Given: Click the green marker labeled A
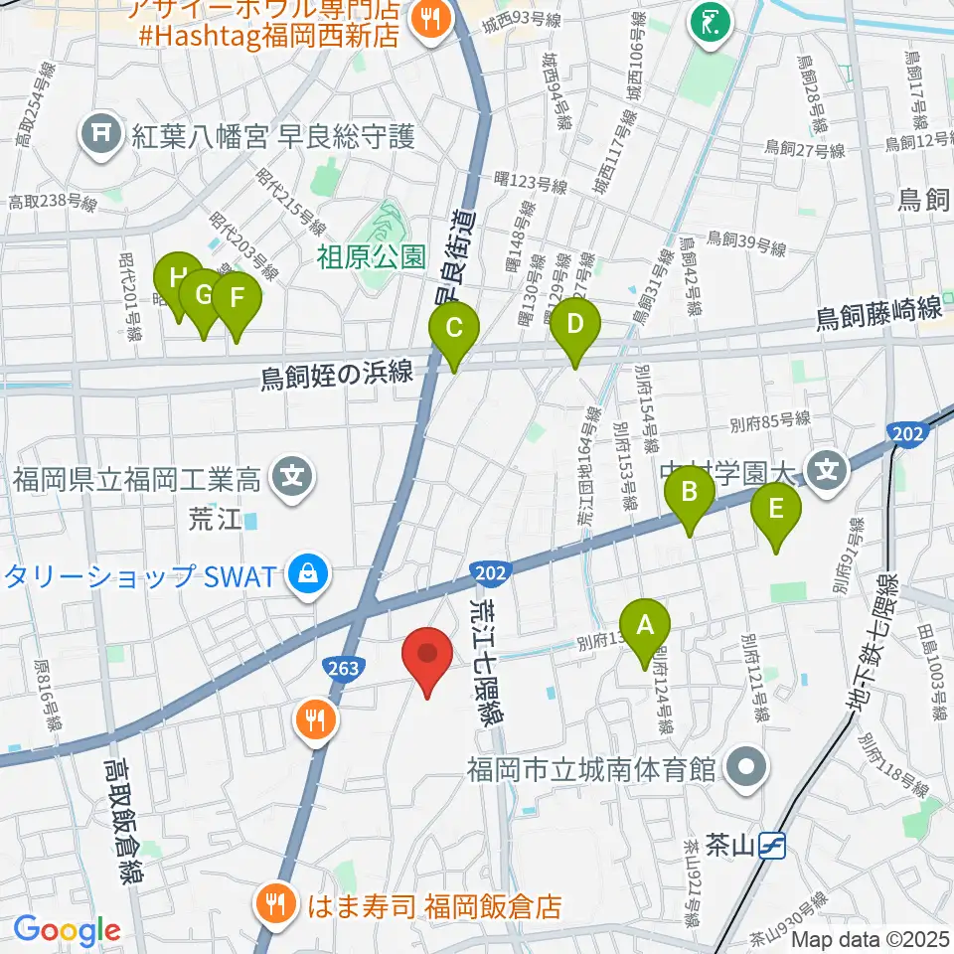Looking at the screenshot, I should click(x=645, y=628).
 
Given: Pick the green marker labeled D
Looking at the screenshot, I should click(x=574, y=326).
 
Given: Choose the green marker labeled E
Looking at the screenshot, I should click(x=777, y=511).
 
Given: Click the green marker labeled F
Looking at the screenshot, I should click(x=237, y=300).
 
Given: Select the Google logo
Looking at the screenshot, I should click(x=67, y=931).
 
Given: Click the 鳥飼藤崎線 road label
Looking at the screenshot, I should click(x=878, y=314).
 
